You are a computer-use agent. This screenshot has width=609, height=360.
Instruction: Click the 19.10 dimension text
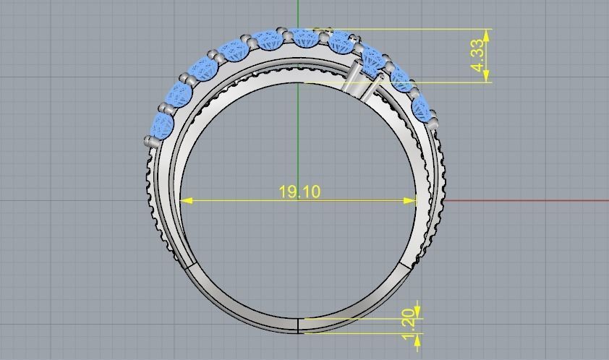(x=299, y=192)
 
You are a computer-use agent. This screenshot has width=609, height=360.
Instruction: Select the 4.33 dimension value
(x=477, y=56)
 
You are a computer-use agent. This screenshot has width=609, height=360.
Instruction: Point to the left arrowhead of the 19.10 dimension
(x=186, y=200)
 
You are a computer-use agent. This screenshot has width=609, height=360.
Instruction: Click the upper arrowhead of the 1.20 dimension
(x=417, y=312)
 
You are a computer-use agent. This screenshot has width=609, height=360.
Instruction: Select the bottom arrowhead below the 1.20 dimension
(x=417, y=338)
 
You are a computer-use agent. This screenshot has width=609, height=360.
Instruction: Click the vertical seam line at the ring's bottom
(x=298, y=325)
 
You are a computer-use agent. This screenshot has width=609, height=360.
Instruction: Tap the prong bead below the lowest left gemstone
(x=150, y=142)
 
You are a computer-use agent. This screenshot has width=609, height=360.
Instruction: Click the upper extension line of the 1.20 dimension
(x=362, y=318)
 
